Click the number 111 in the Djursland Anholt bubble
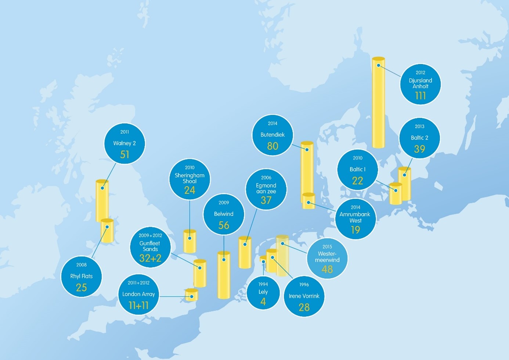coord(420,96)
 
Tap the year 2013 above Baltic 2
coord(419,126)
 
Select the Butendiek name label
coord(272,135)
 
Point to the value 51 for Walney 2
coord(124,155)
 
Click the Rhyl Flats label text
coord(82,276)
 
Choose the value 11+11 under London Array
coord(138,305)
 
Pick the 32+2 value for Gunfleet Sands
coord(150,258)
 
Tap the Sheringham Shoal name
coord(189,178)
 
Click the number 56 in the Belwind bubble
coord(224,225)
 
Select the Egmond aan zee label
coord(266,188)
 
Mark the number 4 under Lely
coord(263,302)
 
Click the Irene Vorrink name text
coord(304,296)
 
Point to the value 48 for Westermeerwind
coord(327,269)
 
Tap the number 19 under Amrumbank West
coord(355,230)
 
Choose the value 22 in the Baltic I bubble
coord(357,181)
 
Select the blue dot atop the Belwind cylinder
coord(224,259)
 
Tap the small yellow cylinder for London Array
coord(192,295)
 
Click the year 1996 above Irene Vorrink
coord(304,285)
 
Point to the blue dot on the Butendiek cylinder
coord(307,150)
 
